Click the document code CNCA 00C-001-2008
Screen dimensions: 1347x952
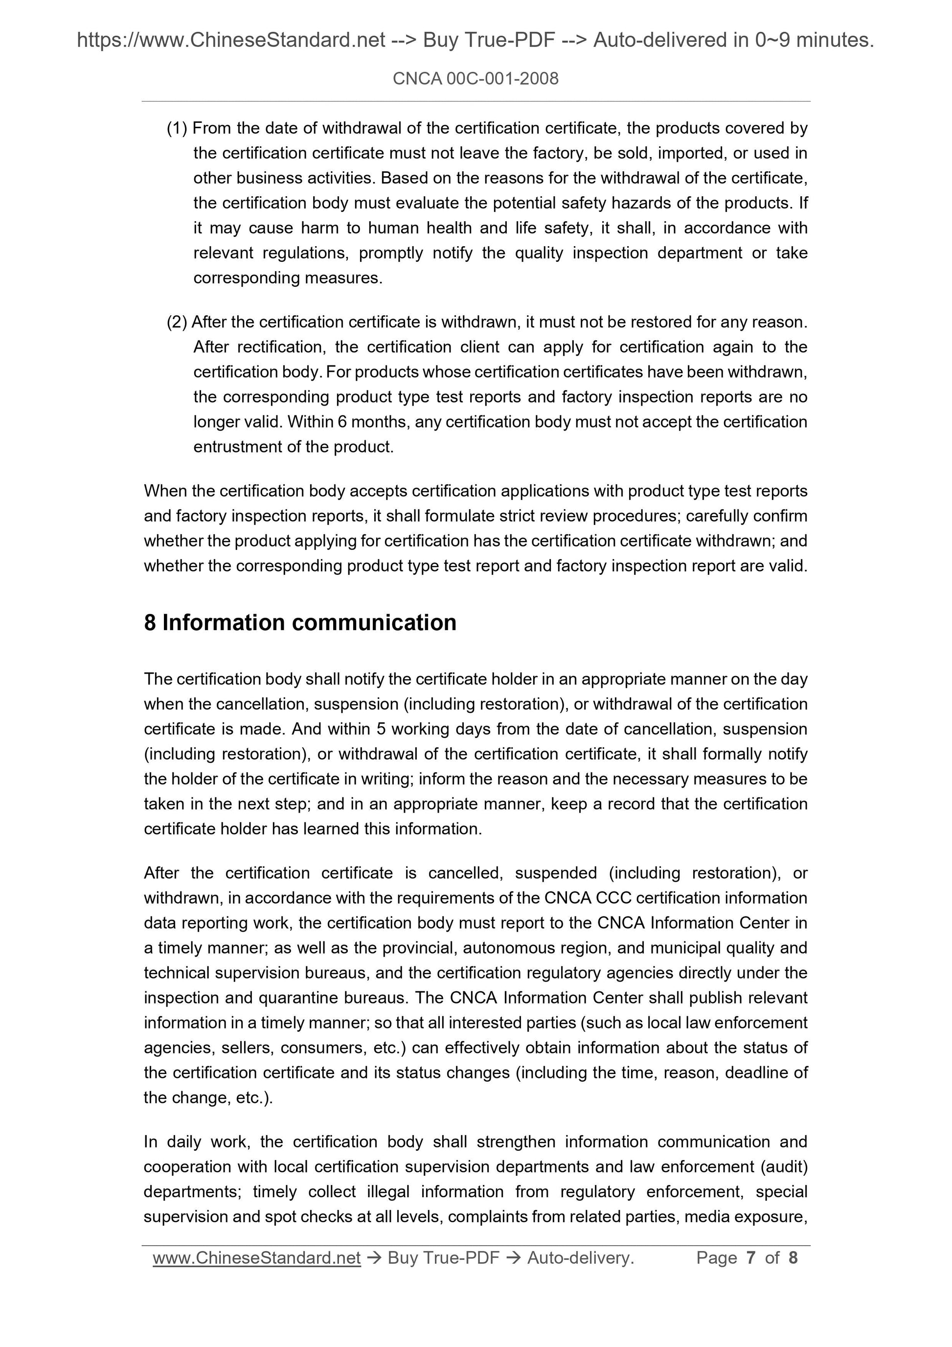tap(475, 79)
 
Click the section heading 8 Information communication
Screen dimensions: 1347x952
tap(300, 622)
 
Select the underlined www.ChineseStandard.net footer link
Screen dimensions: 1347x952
tap(256, 1258)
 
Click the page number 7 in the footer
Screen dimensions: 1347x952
tap(750, 1258)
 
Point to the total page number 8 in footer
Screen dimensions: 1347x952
tap(793, 1258)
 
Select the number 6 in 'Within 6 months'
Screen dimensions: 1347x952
tap(341, 422)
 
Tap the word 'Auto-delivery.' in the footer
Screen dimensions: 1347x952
tap(580, 1258)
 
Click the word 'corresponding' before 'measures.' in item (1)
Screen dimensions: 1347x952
tap(247, 278)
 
